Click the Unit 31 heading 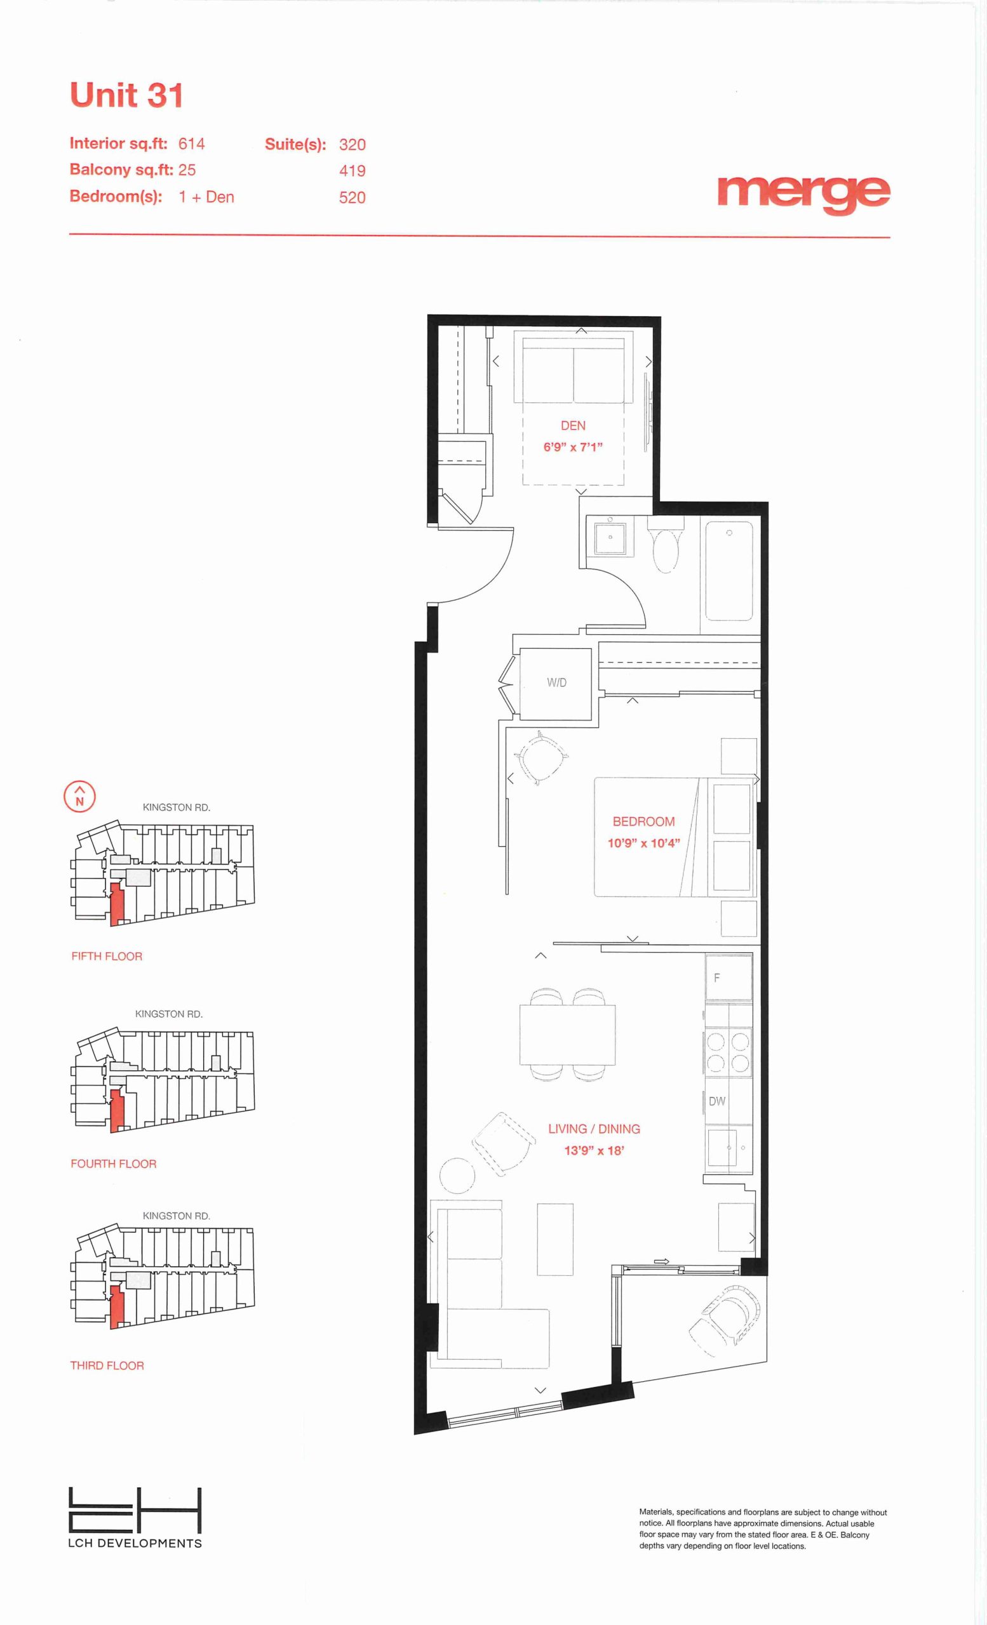126,95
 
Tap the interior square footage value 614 191,143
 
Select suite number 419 352,171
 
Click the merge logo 803,194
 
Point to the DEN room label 573,425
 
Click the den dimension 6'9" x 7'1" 573,446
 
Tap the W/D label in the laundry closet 556,682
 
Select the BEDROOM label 643,821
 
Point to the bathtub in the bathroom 729,571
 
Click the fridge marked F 729,978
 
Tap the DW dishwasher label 716,1101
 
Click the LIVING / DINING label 594,1129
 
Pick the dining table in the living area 567,1035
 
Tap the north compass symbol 79,796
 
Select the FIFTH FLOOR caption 107,955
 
